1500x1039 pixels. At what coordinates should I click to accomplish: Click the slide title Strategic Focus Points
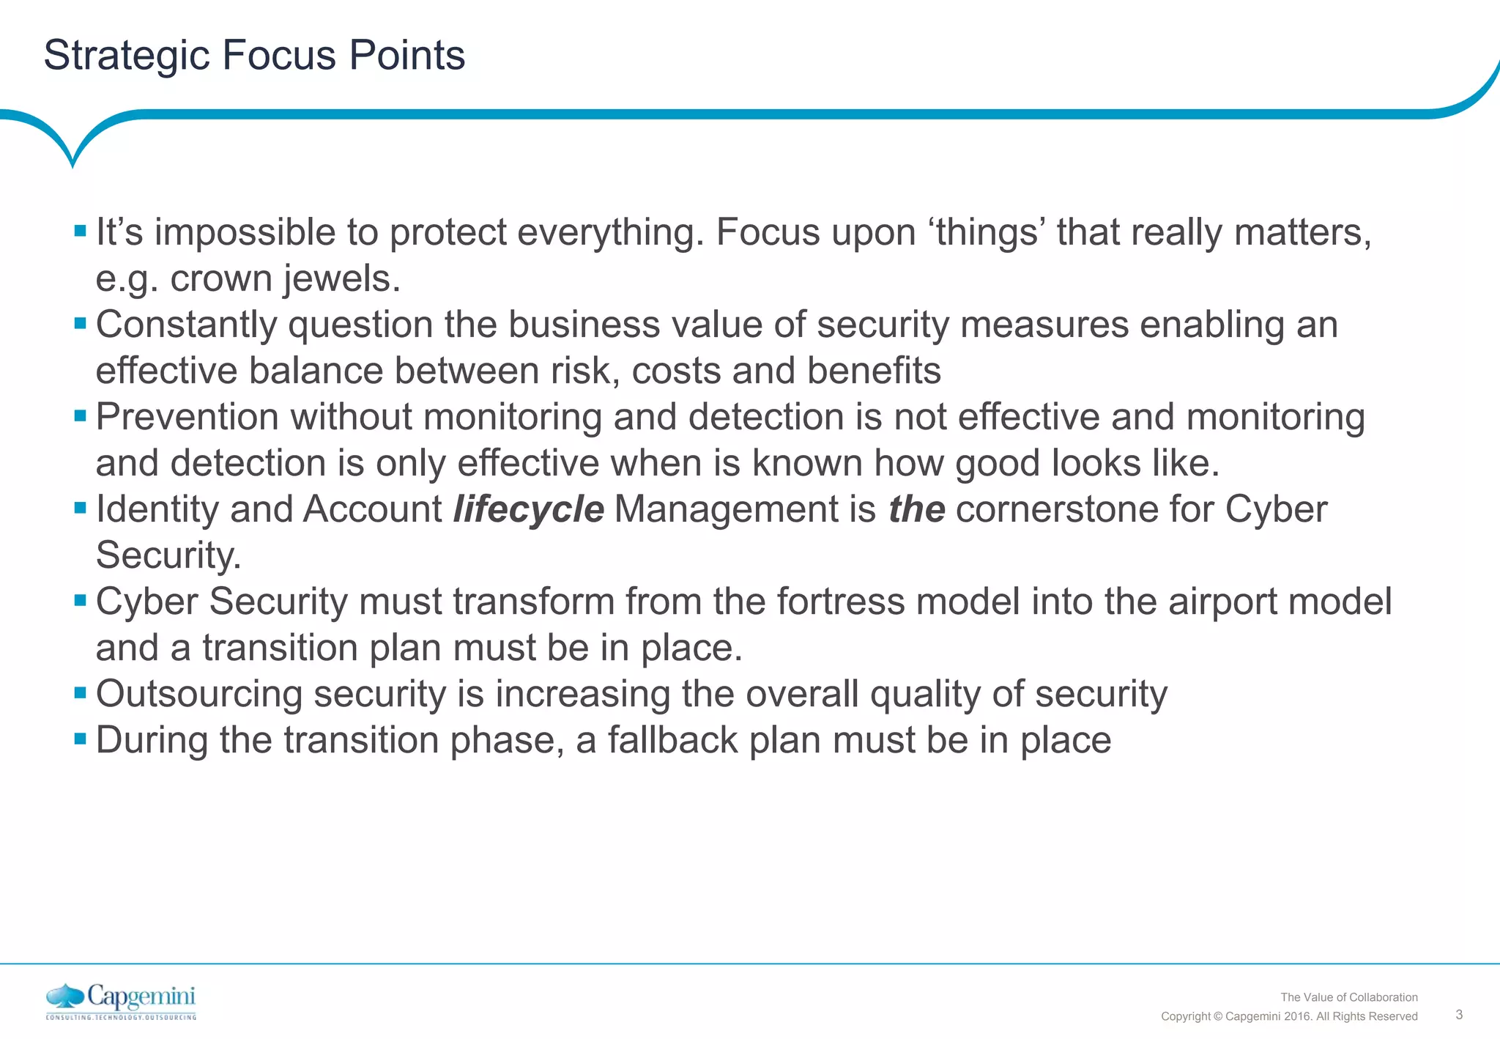click(x=254, y=55)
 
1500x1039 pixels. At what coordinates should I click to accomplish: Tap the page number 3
click(x=1459, y=1015)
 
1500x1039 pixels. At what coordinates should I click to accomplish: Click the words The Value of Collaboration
click(x=1348, y=997)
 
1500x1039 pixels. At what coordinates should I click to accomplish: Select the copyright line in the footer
click(x=1289, y=1016)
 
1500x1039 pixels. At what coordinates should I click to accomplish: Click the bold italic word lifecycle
click(x=528, y=509)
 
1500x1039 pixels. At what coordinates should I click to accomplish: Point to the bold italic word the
click(x=916, y=509)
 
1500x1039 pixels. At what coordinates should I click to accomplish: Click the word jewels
click(x=341, y=279)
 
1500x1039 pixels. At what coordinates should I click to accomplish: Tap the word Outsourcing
click(x=198, y=694)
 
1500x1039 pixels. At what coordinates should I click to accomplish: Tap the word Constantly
click(x=186, y=325)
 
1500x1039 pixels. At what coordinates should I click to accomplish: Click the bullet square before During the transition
click(x=81, y=737)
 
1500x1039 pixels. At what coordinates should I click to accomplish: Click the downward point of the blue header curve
click(x=72, y=165)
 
